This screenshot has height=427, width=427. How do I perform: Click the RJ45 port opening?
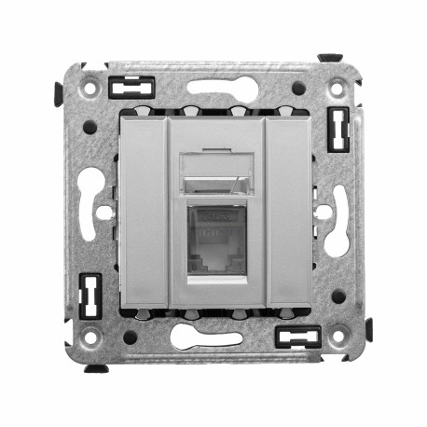216,240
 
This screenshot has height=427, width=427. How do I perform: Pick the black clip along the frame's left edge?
90,296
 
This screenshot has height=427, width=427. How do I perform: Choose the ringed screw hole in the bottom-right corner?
337,338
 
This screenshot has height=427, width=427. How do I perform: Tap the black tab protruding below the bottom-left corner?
97,368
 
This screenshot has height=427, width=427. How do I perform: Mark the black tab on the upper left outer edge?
59,92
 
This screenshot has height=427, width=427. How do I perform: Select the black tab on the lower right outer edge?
368,329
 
